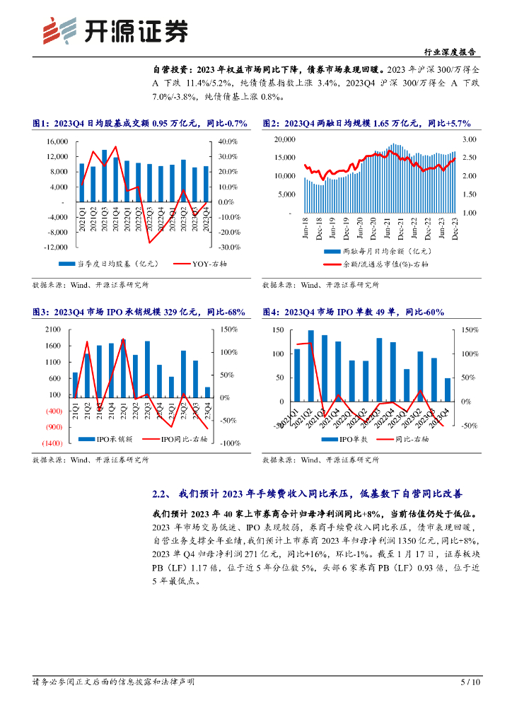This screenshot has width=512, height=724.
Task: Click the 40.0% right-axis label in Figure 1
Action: coord(226,141)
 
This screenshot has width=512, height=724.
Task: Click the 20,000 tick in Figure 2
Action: coord(284,139)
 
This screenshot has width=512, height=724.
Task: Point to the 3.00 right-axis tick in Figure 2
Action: coord(468,139)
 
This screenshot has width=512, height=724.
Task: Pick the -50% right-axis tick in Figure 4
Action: coord(470,426)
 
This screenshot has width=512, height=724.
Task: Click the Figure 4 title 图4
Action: coord(273,313)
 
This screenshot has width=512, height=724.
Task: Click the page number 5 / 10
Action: coord(470,682)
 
